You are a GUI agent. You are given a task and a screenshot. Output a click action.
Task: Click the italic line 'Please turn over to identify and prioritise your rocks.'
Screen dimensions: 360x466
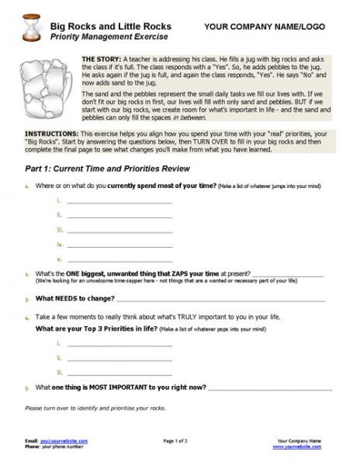point(95,408)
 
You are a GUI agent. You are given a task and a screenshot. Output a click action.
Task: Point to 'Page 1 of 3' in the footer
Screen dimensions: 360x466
point(180,440)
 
